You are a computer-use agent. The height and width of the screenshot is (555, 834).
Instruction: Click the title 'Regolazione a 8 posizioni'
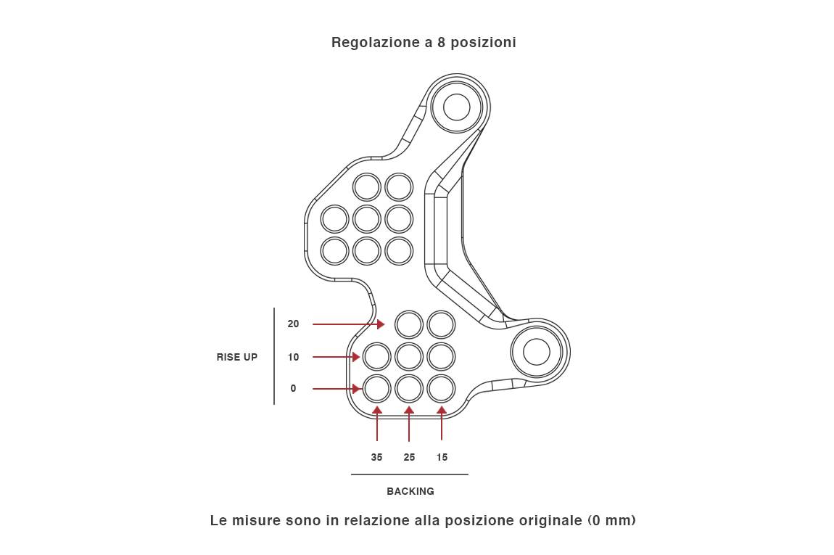pyautogui.click(x=424, y=43)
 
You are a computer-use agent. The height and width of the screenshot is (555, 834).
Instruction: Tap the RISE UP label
pyautogui.click(x=236, y=357)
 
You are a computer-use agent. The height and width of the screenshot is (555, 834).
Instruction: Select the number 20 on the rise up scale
pyautogui.click(x=293, y=324)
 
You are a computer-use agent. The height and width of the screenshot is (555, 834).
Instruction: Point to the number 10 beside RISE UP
pyautogui.click(x=293, y=357)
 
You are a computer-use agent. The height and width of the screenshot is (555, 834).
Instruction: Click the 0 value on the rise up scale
pyautogui.click(x=293, y=389)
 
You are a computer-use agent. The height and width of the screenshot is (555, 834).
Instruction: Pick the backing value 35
pyautogui.click(x=376, y=458)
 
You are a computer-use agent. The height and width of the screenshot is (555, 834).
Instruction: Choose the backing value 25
pyautogui.click(x=409, y=458)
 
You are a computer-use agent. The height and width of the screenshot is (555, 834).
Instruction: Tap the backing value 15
pyautogui.click(x=442, y=458)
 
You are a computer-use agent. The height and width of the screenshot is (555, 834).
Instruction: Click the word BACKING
pyautogui.click(x=410, y=492)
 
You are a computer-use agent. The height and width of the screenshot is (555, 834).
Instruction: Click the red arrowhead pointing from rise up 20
pyautogui.click(x=381, y=324)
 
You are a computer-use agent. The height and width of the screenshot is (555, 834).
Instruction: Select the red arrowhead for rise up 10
pyautogui.click(x=356, y=357)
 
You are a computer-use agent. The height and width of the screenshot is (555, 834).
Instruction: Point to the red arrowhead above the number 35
pyautogui.click(x=377, y=410)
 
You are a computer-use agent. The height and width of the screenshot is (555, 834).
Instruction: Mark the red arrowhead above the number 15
pyautogui.click(x=442, y=410)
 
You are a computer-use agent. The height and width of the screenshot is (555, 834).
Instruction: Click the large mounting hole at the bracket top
pyautogui.click(x=456, y=107)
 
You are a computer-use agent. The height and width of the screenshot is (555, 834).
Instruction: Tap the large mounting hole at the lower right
pyautogui.click(x=536, y=352)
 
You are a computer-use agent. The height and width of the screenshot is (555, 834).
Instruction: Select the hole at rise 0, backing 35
pyautogui.click(x=377, y=389)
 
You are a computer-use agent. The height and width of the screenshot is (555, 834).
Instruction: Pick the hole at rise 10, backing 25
pyautogui.click(x=409, y=357)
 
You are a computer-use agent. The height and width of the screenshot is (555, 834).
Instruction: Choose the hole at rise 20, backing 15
pyautogui.click(x=441, y=324)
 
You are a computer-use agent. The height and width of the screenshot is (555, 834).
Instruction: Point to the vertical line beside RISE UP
pyautogui.click(x=274, y=356)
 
